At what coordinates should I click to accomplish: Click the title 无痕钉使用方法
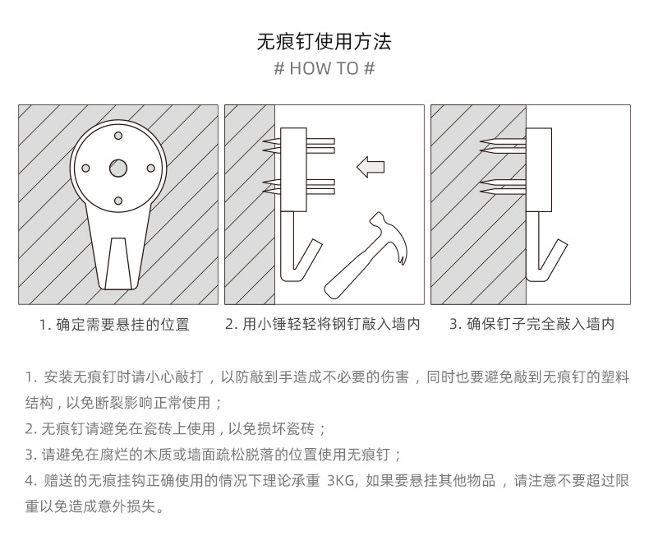pos(324,41)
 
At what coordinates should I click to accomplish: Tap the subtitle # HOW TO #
pos(324,68)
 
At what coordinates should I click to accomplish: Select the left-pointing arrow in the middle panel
pos(371,168)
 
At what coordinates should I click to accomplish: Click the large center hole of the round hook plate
pos(118,168)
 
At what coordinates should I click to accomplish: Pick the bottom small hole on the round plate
pos(118,201)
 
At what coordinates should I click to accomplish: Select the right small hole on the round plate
pos(151,168)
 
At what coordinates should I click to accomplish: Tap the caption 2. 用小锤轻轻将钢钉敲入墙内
pos(323,325)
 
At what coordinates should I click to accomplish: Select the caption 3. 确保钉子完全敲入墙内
pos(532,325)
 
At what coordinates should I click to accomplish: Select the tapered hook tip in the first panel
pos(118,259)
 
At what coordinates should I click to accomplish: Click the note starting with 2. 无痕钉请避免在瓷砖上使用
pos(176,429)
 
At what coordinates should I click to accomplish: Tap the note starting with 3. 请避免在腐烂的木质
pos(214,455)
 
